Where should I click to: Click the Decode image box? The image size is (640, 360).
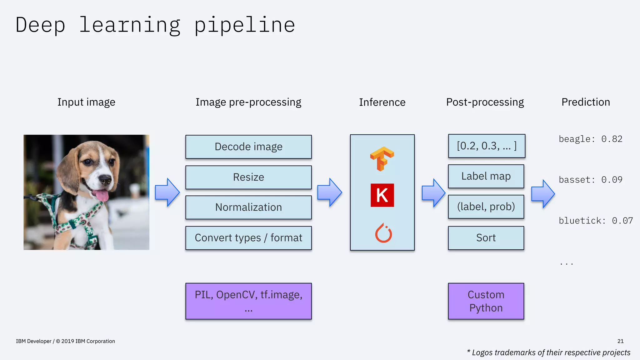pos(248,147)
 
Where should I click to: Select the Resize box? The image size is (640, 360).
pos(248,177)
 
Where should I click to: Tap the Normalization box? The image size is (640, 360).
pos(248,207)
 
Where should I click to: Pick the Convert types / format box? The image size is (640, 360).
pos(248,238)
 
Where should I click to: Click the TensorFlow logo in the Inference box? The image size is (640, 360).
pos(382,158)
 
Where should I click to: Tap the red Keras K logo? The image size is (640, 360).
pos(382,195)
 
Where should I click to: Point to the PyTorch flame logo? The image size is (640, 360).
pos(383,233)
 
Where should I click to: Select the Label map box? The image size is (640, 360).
pos(486,176)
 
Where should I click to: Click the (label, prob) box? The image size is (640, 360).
pos(486,207)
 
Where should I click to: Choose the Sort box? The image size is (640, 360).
pos(486,238)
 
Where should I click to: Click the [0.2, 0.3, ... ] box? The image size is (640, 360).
pos(487,146)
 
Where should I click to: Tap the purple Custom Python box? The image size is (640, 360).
pos(486,301)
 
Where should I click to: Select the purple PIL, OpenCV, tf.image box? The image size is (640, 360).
pos(248,301)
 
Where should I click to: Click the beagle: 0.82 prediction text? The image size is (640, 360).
pos(590,139)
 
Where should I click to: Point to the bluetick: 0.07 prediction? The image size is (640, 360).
pos(596,221)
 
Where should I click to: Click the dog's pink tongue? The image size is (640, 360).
pos(102,196)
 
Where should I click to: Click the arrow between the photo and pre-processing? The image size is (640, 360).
pos(167,192)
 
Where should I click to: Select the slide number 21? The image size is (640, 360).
pos(620,341)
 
